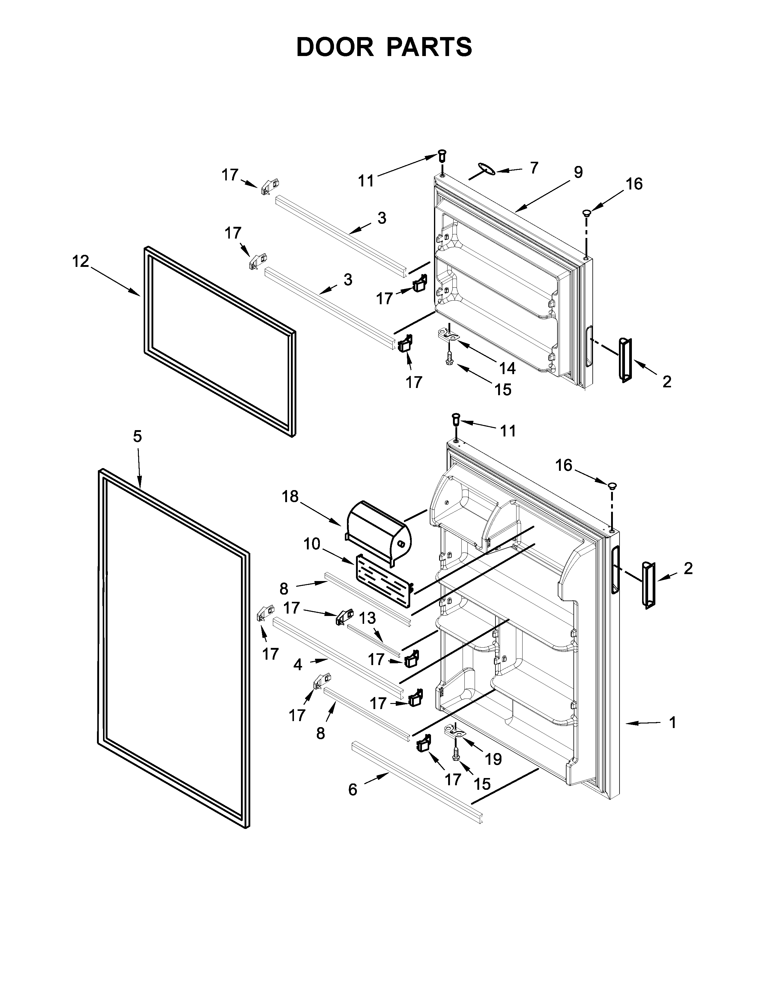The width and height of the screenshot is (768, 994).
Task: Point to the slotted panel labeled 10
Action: pyautogui.click(x=383, y=581)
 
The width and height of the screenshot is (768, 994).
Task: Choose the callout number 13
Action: pyautogui.click(x=368, y=618)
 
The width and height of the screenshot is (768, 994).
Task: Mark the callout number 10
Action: pyautogui.click(x=312, y=544)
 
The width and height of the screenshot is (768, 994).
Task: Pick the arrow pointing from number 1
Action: pyautogui.click(x=642, y=723)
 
